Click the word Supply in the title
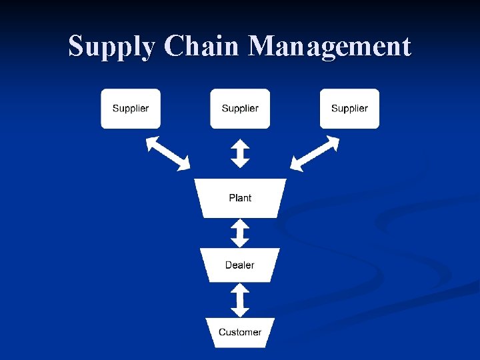click(x=112, y=47)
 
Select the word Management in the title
click(x=329, y=47)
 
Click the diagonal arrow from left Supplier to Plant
click(x=168, y=153)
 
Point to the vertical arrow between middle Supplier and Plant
click(x=240, y=153)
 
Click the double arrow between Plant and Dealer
click(x=240, y=233)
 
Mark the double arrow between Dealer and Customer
click(x=240, y=300)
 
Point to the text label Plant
click(x=240, y=198)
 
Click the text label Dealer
click(x=240, y=265)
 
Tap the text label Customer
click(x=240, y=332)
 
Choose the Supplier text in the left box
click(x=131, y=108)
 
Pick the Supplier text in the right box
click(x=349, y=108)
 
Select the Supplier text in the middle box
click(x=240, y=108)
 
